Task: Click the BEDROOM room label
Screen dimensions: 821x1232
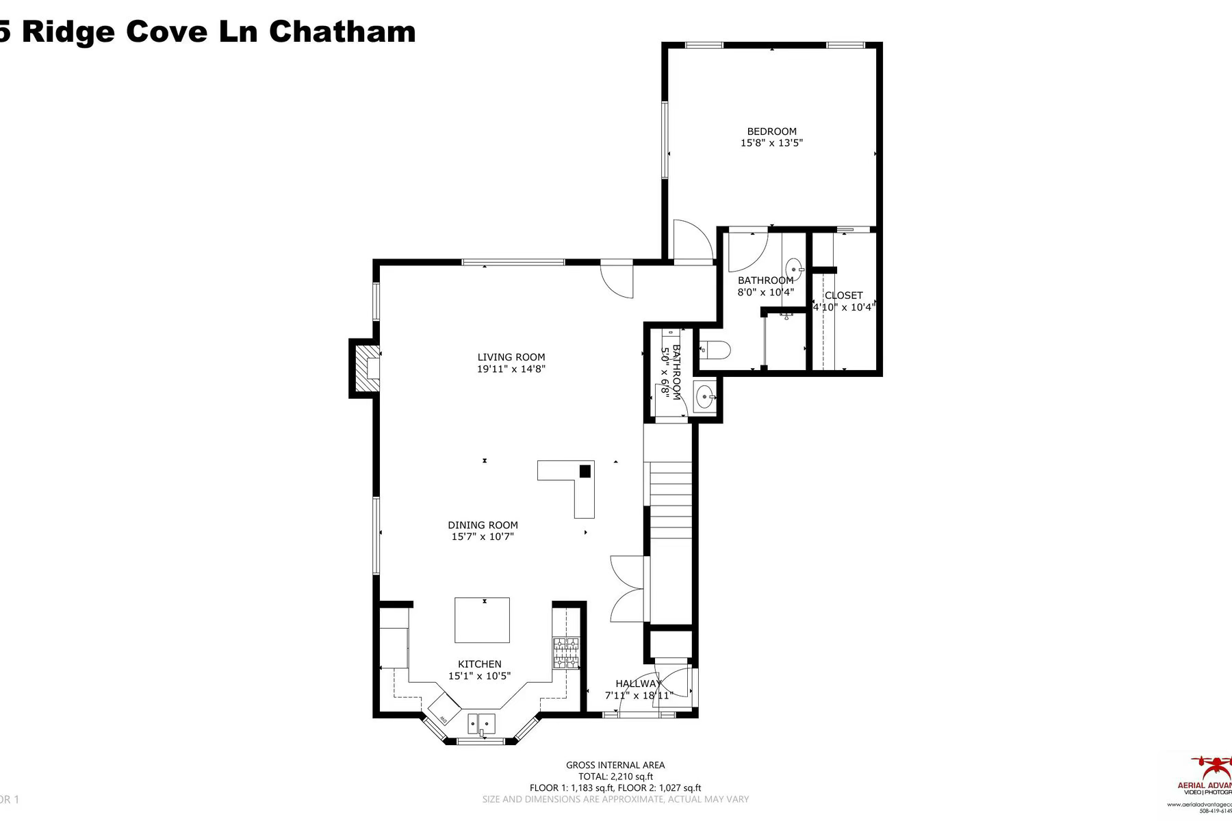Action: point(771,131)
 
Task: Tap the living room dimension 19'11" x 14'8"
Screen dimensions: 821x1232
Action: point(511,369)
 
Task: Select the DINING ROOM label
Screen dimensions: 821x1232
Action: point(483,525)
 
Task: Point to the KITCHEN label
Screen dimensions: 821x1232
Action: point(479,664)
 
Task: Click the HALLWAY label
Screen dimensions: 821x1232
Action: point(638,683)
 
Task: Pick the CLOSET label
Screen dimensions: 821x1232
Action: point(843,296)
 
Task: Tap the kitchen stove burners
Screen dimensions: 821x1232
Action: point(566,653)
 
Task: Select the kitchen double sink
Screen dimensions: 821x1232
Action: point(481,722)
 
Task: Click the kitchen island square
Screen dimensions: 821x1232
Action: point(482,620)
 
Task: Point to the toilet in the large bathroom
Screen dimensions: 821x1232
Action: point(715,350)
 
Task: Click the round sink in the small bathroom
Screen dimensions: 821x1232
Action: point(705,396)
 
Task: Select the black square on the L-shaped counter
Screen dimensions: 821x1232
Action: point(585,471)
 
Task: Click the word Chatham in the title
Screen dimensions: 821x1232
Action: point(342,31)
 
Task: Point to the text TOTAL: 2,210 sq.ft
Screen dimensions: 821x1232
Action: point(615,777)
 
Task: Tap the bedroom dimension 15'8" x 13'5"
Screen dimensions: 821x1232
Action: point(771,143)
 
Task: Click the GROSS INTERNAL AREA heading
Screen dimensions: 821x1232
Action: point(615,765)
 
